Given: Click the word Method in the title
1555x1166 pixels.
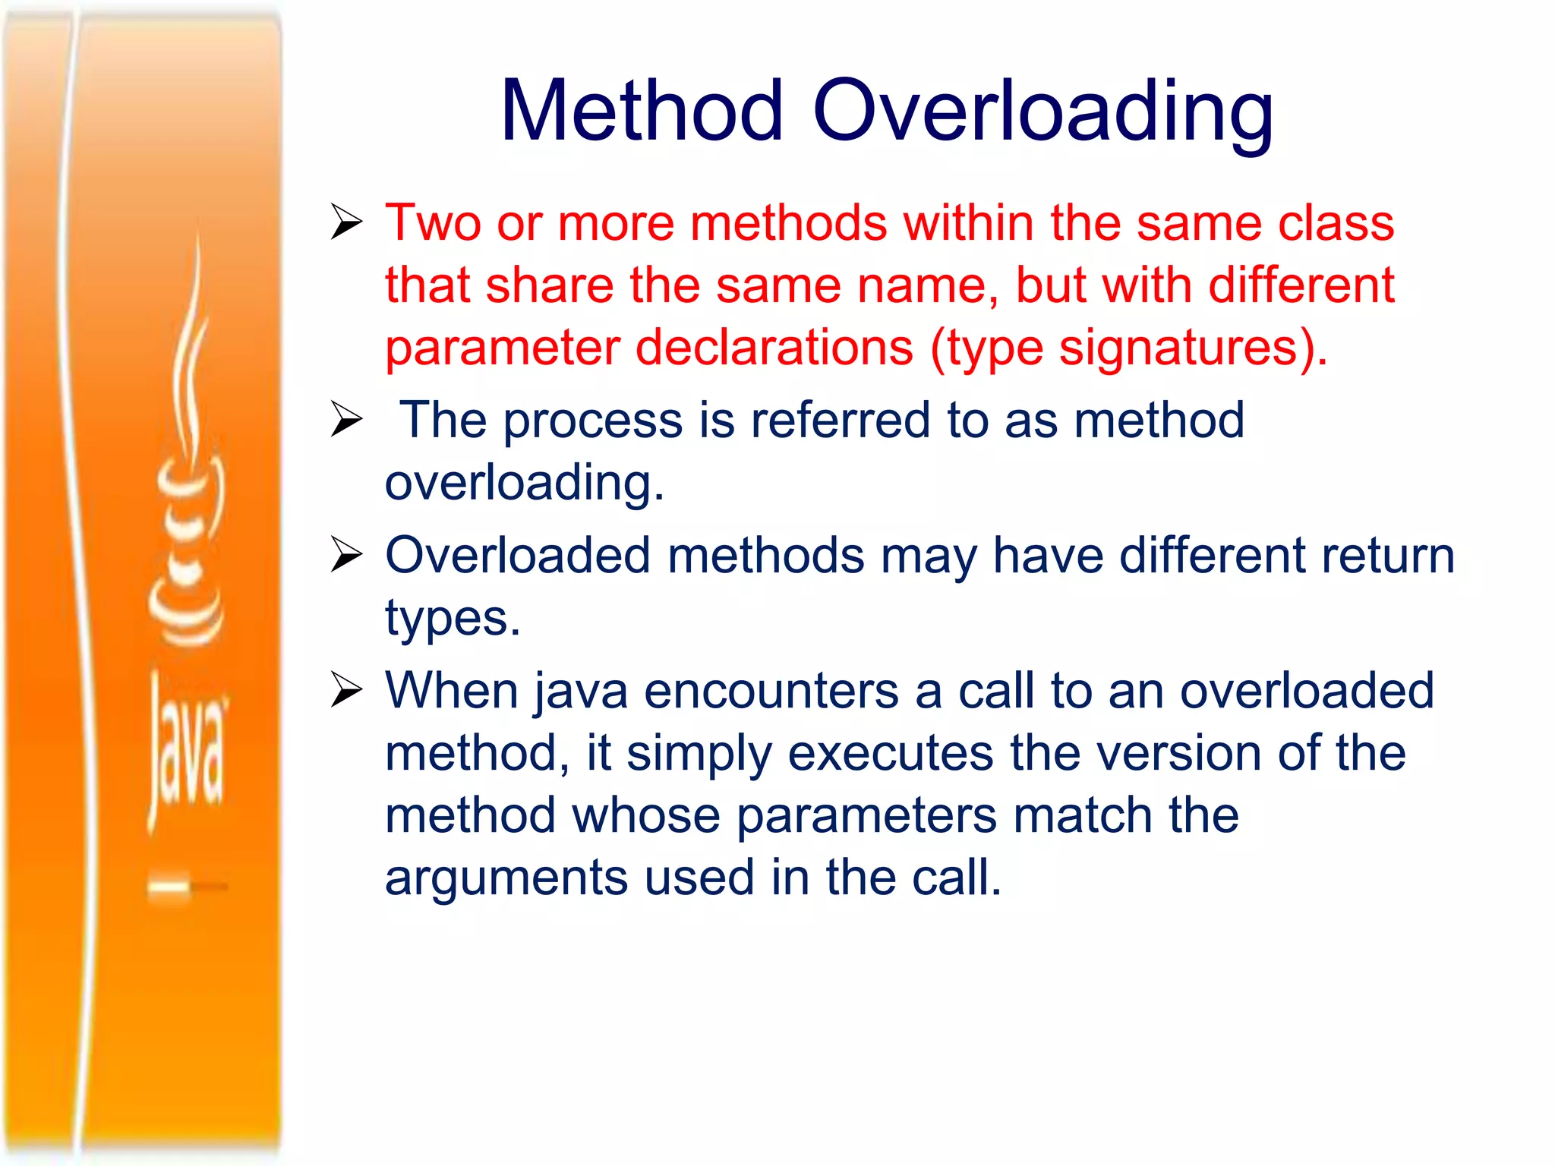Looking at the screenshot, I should [x=642, y=111].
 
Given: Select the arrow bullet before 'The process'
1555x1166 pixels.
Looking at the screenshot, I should [x=347, y=420].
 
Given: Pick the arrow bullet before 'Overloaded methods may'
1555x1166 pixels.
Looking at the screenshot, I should [x=347, y=555].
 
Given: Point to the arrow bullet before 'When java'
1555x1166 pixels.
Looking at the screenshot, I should [x=347, y=690].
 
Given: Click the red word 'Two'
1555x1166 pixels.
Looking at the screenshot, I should [x=433, y=223].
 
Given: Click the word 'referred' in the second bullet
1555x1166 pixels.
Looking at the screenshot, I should [x=840, y=420].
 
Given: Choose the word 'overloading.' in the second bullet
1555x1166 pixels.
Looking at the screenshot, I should [x=524, y=484].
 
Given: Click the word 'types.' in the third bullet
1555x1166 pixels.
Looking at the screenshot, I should [x=453, y=619].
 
